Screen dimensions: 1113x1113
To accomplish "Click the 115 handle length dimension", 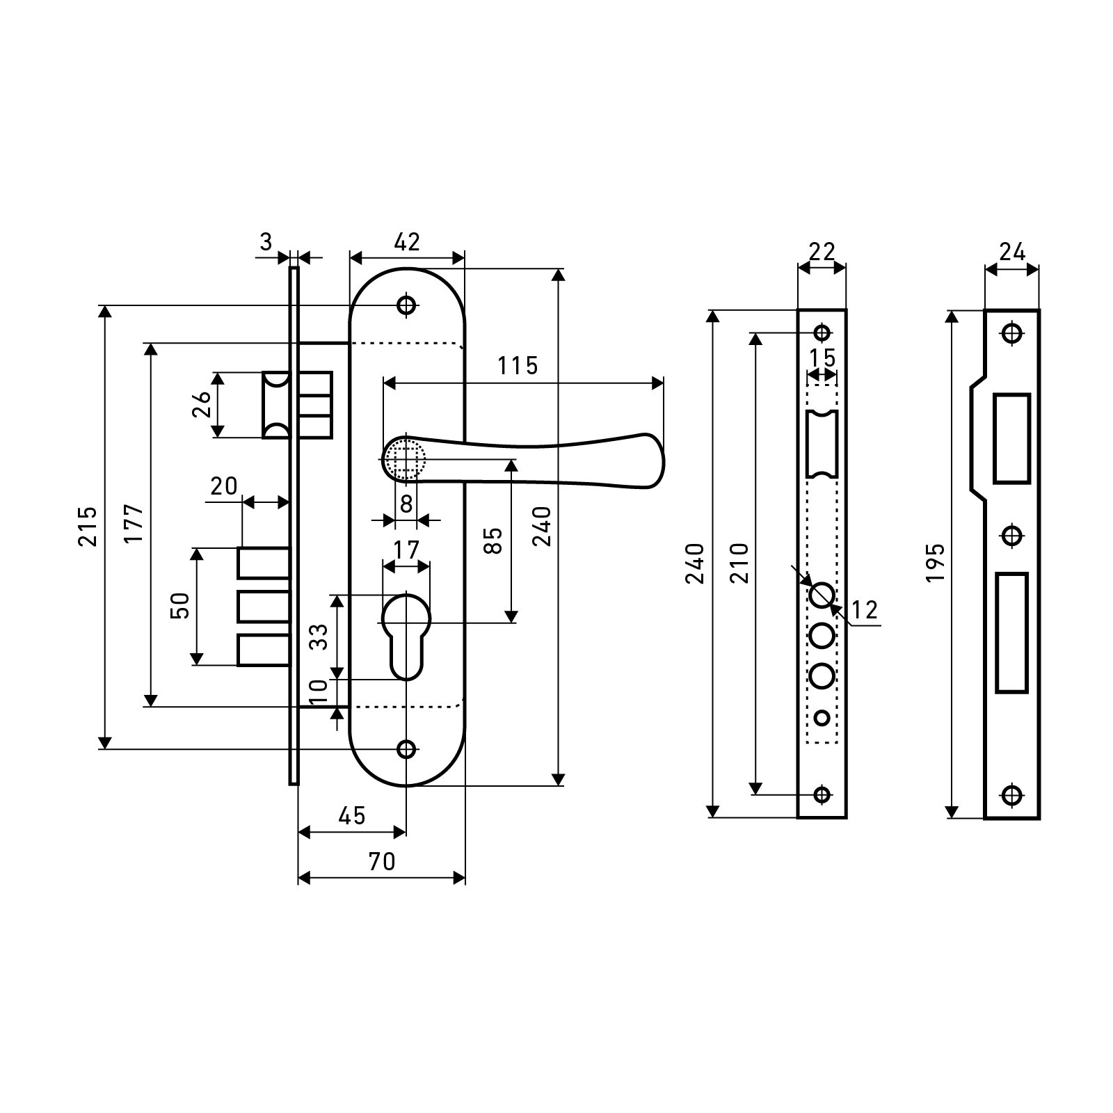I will tap(518, 365).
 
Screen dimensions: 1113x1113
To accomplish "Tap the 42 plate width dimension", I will tap(407, 242).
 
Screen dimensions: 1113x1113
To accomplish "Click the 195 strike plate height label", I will tap(936, 562).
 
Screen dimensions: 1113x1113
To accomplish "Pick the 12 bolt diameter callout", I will tap(864, 610).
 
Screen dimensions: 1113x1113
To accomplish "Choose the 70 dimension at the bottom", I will tap(381, 861).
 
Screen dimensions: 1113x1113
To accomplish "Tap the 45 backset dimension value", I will tap(352, 815).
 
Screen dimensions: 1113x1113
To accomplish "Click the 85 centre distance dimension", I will tap(493, 541).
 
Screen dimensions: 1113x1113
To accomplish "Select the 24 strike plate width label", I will tap(1012, 252).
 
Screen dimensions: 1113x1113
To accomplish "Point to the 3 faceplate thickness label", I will tap(266, 242).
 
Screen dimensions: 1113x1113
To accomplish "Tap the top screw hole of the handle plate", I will tap(406, 305).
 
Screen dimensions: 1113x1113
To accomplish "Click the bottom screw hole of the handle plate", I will tap(406, 748).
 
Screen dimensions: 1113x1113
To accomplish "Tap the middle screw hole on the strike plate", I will tap(1012, 536).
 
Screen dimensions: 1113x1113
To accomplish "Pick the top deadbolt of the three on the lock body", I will tap(264, 563).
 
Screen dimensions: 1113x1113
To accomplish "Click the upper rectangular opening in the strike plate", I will tap(1012, 438).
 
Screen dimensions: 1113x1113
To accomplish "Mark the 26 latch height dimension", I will tap(202, 405).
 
